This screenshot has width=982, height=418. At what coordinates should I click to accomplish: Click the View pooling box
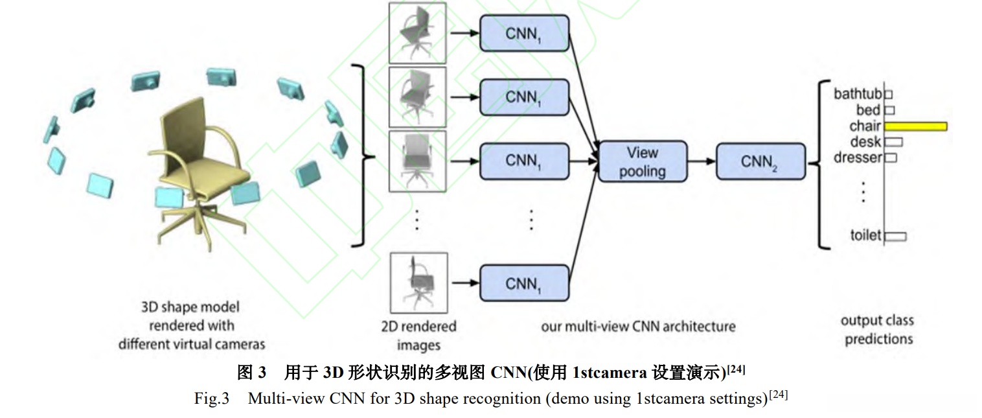pyautogui.click(x=643, y=162)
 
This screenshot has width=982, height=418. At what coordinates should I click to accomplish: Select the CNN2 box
pyautogui.click(x=760, y=162)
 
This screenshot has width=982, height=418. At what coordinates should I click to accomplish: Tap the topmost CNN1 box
pyautogui.click(x=524, y=33)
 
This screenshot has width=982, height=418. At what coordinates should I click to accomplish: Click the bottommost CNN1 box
pyautogui.click(x=524, y=283)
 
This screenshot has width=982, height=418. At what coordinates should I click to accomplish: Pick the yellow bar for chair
pyautogui.click(x=915, y=126)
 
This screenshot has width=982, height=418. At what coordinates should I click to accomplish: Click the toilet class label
pyautogui.click(x=866, y=235)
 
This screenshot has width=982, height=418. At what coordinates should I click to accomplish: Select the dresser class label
pyautogui.click(x=858, y=157)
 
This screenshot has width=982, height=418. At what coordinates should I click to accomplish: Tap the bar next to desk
pyautogui.click(x=893, y=141)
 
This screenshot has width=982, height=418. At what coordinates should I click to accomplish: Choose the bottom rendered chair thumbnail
pyautogui.click(x=418, y=283)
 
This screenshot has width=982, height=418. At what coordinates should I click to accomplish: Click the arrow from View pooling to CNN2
pyautogui.click(x=702, y=162)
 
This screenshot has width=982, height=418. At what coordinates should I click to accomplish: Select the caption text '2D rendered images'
pyautogui.click(x=418, y=335)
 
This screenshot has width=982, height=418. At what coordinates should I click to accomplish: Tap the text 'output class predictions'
pyautogui.click(x=878, y=329)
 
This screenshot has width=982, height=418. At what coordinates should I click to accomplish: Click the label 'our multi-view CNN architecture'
pyautogui.click(x=638, y=326)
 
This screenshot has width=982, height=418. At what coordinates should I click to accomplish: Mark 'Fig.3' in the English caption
pyautogui.click(x=212, y=398)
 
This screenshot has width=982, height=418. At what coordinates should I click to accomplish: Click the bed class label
pyautogui.click(x=868, y=110)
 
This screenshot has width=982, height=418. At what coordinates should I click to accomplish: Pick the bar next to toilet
pyautogui.click(x=895, y=236)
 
